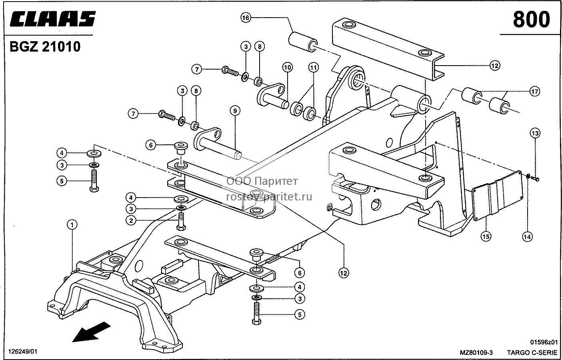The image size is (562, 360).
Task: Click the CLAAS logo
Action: click(53, 19)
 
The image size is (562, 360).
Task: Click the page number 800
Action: click(531, 20)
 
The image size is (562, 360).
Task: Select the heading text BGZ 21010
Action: click(45, 47)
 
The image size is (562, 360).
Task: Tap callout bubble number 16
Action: click(246, 18)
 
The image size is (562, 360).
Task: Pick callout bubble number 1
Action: click(72, 225)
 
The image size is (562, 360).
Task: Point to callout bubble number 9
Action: click(235, 111)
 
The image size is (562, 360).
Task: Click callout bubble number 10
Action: click(288, 67)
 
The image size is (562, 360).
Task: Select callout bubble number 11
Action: click(313, 68)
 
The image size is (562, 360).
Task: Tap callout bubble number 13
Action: click(535, 133)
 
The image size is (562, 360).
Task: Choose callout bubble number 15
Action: click(486, 236)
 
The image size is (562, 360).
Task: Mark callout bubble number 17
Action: click(535, 92)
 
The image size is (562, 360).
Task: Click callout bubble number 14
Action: click(527, 236)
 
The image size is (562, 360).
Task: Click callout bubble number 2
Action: click(131, 221)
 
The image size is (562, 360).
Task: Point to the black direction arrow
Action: click(91, 332)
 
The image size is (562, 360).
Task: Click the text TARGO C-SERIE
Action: click(532, 353)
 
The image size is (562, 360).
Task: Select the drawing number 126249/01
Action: click(23, 352)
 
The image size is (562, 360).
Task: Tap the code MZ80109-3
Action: click(476, 353)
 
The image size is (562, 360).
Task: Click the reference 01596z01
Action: click(544, 342)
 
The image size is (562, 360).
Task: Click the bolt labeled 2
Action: click(181, 221)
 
